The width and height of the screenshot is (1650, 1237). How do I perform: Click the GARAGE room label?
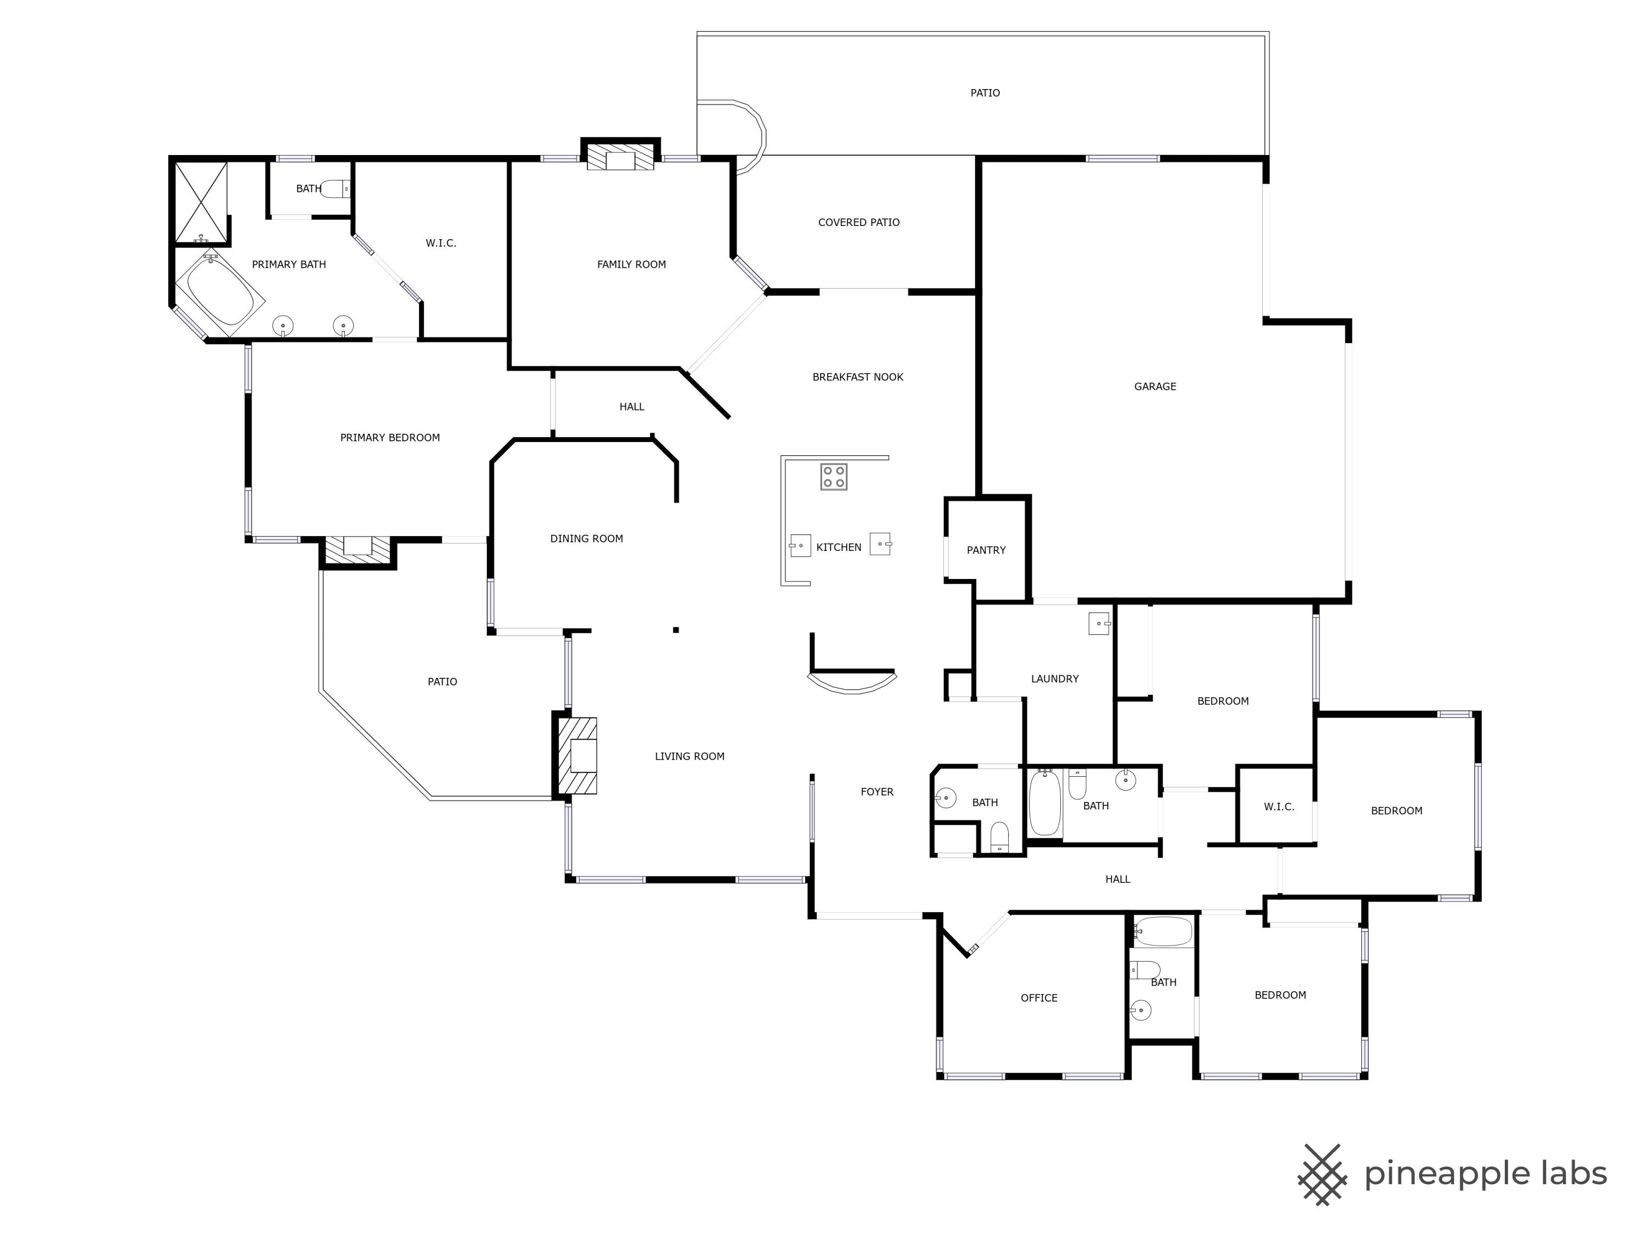[x=1154, y=386]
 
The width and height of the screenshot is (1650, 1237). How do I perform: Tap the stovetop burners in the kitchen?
[x=833, y=477]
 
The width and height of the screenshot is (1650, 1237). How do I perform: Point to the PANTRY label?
[x=986, y=550]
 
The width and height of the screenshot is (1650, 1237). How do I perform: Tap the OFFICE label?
[x=1038, y=998]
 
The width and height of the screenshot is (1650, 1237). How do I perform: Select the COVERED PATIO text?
[x=859, y=222]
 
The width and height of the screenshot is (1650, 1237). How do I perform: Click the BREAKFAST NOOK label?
[x=857, y=377]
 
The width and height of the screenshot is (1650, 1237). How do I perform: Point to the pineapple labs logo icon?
[x=1322, y=1174]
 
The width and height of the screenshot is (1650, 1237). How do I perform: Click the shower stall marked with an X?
[x=200, y=202]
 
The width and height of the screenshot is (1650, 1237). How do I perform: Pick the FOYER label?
[x=877, y=792]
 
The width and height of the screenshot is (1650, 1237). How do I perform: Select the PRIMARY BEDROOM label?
[x=389, y=438]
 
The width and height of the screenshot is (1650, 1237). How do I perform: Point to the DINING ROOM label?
[x=586, y=538]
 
